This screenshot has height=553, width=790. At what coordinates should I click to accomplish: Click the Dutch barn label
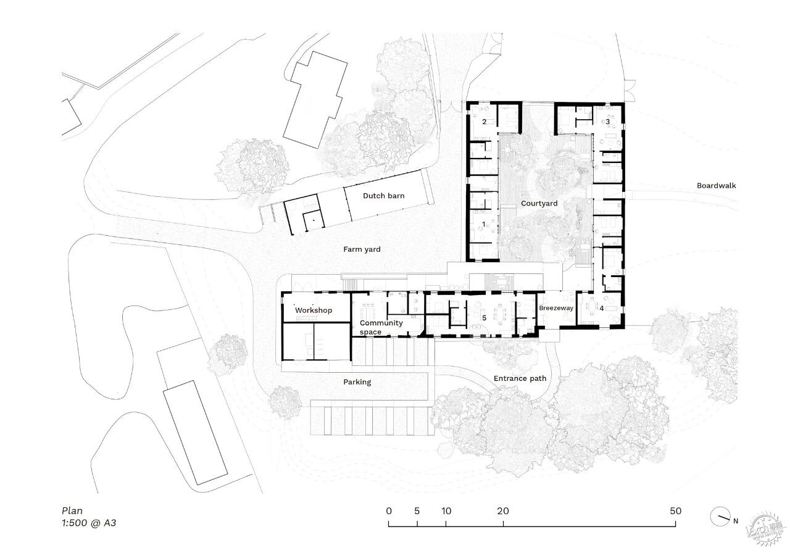tap(384, 196)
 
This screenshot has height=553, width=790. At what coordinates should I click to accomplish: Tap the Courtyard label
tap(539, 204)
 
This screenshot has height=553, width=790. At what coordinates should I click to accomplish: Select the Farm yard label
tap(362, 249)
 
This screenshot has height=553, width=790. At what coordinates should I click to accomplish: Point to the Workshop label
tap(314, 310)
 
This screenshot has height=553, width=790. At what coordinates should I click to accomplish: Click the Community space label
tap(381, 327)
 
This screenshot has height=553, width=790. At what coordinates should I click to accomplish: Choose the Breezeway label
tap(556, 308)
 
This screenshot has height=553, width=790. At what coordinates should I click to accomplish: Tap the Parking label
tap(357, 382)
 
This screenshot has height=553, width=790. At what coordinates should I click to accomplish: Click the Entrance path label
tap(520, 378)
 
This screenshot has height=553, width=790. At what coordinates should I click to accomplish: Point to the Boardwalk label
tap(717, 186)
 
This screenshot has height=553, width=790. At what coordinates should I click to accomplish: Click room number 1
tap(484, 224)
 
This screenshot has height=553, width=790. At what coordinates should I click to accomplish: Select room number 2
tap(484, 122)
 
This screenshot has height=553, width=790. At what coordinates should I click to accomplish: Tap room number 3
tap(607, 122)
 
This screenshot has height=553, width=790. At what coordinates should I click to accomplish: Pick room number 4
tap(602, 309)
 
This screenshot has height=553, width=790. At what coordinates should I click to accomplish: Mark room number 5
tap(484, 318)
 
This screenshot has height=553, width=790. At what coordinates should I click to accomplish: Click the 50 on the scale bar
tap(675, 510)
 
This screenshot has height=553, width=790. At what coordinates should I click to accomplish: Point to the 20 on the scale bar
tap(503, 510)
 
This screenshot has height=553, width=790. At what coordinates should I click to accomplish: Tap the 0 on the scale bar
tap(389, 510)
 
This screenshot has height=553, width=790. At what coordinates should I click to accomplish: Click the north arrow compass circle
tap(720, 517)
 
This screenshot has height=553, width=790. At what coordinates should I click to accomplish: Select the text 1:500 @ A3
tap(89, 523)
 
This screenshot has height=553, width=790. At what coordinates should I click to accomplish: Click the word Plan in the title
tap(72, 510)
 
